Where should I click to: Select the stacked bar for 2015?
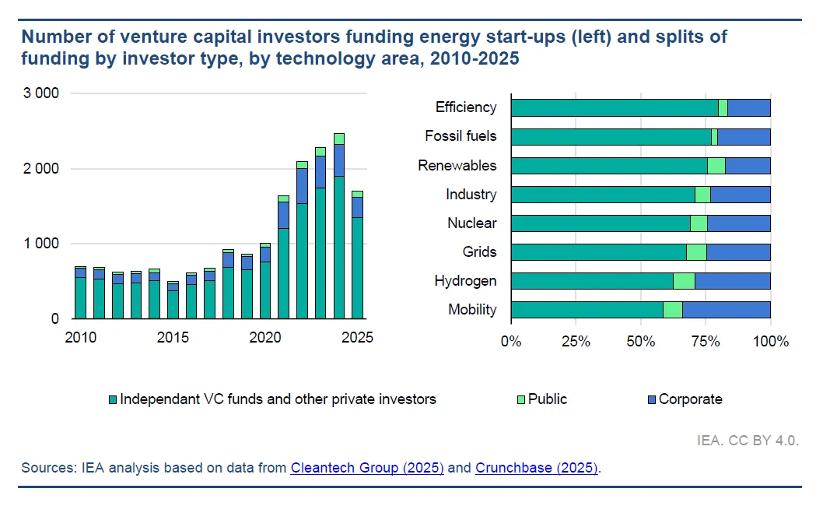[x=173, y=302]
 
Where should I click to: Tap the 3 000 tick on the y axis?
[x=42, y=93]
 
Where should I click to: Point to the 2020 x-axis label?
[x=265, y=338]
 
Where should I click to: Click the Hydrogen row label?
[x=465, y=281]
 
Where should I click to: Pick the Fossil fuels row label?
[x=461, y=136]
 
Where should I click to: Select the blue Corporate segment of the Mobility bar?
[x=726, y=310]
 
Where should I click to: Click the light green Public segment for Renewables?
[x=716, y=166]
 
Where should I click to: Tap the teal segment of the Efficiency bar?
[x=614, y=107]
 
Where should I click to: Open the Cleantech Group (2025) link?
[x=367, y=468]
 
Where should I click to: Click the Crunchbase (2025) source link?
[x=537, y=468]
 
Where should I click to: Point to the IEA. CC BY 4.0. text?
[x=748, y=441]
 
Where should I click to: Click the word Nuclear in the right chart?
[x=471, y=223]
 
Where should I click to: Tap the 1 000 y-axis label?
[x=42, y=244]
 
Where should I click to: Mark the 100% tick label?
[x=771, y=342]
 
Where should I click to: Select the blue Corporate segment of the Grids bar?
[x=738, y=252]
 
